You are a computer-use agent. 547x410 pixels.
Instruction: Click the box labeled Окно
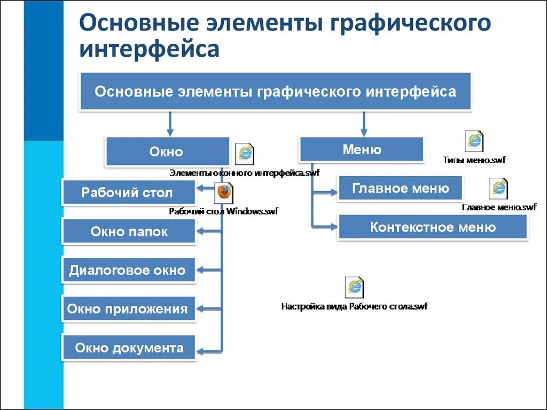click(x=167, y=152)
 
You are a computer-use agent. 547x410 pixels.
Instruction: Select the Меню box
click(x=362, y=149)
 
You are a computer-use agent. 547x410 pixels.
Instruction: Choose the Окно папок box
click(x=129, y=231)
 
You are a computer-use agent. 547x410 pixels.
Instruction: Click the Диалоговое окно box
click(x=128, y=270)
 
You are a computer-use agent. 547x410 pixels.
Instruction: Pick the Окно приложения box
click(x=128, y=309)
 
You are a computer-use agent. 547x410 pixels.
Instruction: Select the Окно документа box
click(x=129, y=348)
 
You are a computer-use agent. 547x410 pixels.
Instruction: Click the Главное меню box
click(x=400, y=188)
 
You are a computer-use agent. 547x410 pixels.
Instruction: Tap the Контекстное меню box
click(x=432, y=227)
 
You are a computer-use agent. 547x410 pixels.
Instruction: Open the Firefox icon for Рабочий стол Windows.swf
click(x=224, y=193)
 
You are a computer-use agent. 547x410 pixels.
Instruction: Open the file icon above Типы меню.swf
click(x=474, y=141)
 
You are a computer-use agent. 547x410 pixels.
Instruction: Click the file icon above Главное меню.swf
click(x=498, y=188)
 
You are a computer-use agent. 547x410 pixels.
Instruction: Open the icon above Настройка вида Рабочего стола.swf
click(x=354, y=287)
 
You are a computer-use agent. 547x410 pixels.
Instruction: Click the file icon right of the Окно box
click(x=245, y=154)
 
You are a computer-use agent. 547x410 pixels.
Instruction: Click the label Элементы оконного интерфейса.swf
click(x=244, y=173)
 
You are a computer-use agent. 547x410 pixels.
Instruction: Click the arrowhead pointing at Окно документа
click(x=201, y=351)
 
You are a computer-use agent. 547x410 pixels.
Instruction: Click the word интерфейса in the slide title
click(x=149, y=49)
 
